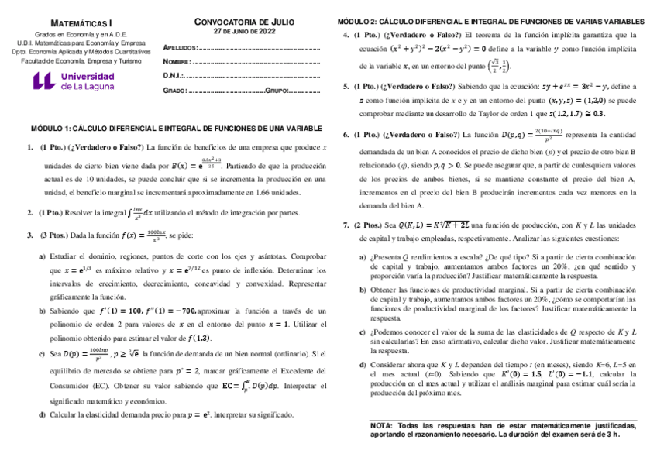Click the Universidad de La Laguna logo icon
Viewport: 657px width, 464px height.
click(44, 82)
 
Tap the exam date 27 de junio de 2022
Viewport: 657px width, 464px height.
click(244, 32)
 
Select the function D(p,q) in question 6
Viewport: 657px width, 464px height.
click(518, 135)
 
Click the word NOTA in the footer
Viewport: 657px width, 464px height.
click(381, 425)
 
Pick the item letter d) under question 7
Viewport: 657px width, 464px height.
click(363, 363)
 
